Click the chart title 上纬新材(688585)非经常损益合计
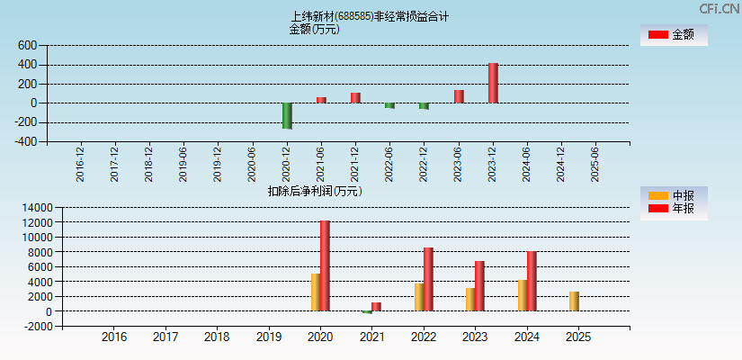point(370,16)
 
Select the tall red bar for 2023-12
point(493,83)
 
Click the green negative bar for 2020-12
point(287,115)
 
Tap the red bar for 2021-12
point(355,97)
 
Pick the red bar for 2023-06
point(459,96)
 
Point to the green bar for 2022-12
point(424,106)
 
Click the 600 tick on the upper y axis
point(27,45)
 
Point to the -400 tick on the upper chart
point(25,141)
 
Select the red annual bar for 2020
point(325,265)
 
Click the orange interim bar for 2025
point(574,301)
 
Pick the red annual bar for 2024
point(532,281)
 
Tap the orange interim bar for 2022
point(419,297)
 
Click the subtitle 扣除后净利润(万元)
point(315,191)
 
